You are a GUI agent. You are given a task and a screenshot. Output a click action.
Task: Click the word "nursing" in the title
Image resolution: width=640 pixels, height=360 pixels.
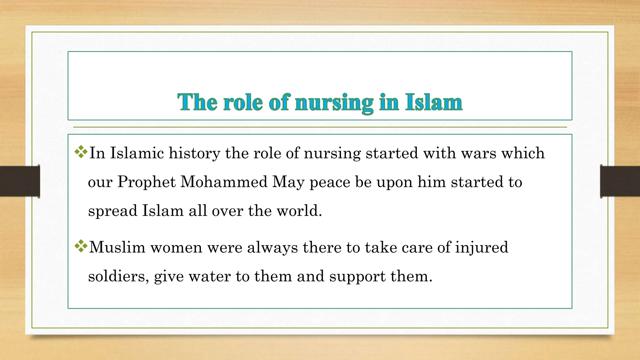334,102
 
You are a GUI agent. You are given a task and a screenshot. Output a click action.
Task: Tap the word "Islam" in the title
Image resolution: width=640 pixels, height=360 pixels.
434,102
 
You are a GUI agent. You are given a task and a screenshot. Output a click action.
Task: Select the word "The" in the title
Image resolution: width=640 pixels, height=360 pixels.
197,102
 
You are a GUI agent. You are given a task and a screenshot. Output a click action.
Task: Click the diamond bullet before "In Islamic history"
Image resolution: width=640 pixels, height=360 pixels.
81,152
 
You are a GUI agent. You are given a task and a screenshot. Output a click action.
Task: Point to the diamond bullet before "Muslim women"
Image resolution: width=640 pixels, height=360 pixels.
81,246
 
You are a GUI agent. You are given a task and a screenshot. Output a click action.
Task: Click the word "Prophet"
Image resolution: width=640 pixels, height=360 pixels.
147,182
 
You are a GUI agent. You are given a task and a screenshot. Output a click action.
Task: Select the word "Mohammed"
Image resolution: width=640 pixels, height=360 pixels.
224,182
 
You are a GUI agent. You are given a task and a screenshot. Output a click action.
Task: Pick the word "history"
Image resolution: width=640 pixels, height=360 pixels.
194,153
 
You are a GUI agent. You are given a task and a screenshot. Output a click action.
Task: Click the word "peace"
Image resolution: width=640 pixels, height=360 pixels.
330,182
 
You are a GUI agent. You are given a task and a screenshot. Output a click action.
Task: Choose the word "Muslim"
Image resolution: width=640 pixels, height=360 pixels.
117,247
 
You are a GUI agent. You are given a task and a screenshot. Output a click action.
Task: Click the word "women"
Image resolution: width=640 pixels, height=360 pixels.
176,247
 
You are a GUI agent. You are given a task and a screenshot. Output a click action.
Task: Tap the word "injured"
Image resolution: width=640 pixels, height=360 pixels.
482,247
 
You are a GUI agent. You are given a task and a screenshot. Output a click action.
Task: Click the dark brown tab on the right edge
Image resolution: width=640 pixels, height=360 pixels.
620,181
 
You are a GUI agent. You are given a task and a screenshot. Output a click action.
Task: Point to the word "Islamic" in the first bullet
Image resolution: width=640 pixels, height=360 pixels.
137,153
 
